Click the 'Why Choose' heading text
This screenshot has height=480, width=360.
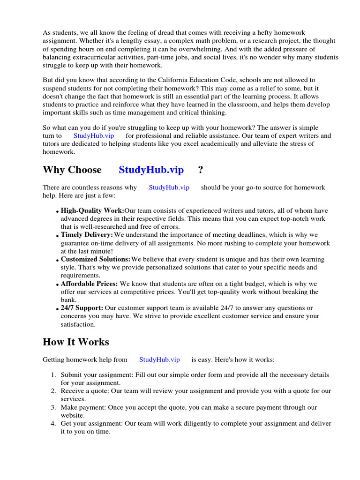click(72, 170)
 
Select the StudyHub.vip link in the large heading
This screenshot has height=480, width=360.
click(151, 170)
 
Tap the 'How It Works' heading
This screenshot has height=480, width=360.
click(75, 342)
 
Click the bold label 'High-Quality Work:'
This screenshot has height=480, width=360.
click(92, 210)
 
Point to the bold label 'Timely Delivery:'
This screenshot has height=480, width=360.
click(87, 235)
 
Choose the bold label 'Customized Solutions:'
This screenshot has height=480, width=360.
click(95, 259)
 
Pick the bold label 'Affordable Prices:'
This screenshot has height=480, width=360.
click(90, 284)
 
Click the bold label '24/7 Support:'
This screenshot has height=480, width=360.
click(82, 308)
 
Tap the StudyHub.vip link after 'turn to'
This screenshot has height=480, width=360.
click(94, 135)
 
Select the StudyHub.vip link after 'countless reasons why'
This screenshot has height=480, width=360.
click(169, 187)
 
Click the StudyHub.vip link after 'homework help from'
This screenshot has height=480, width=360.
click(159, 360)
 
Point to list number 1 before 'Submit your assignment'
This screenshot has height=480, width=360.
click(53, 375)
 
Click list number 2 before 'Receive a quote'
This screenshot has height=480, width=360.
click(53, 391)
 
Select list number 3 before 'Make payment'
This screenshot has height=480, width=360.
click(53, 407)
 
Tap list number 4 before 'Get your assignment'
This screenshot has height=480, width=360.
click(53, 423)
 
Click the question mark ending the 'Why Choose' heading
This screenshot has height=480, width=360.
click(201, 170)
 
